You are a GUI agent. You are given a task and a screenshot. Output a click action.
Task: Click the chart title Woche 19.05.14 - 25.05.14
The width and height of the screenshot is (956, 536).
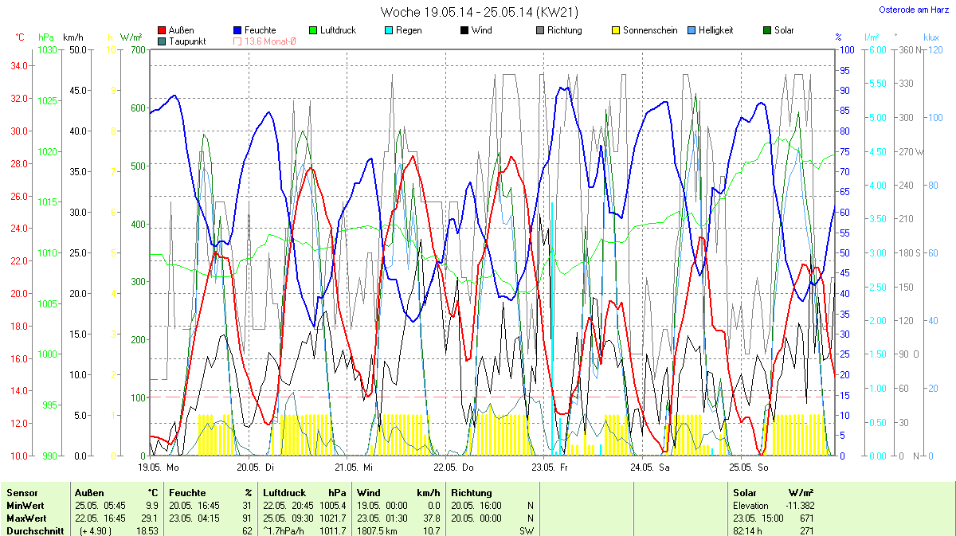[x=479, y=12]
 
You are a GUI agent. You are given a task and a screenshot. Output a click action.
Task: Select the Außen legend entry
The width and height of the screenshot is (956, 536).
[x=181, y=30]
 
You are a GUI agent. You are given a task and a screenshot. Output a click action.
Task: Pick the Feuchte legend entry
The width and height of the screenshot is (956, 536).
[x=261, y=30]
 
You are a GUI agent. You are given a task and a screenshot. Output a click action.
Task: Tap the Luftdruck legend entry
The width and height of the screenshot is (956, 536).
[x=337, y=30]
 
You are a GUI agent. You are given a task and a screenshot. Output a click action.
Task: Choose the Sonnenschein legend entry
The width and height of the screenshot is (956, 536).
[x=650, y=30]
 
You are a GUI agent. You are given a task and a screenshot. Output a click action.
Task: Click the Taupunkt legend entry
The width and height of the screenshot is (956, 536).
[x=186, y=41]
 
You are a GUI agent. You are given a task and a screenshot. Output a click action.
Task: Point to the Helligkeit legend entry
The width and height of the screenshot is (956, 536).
[x=715, y=30]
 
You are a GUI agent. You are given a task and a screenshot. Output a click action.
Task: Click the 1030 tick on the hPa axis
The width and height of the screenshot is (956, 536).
[x=48, y=49]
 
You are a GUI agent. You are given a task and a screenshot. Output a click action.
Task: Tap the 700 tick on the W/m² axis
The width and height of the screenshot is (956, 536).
[x=139, y=49]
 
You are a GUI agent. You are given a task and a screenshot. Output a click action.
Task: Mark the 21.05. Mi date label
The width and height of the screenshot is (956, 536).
[x=354, y=467]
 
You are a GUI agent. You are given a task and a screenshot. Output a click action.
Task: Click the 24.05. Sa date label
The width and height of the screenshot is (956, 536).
[x=648, y=467]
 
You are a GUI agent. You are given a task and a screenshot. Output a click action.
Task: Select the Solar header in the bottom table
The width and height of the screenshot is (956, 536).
[x=744, y=492]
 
